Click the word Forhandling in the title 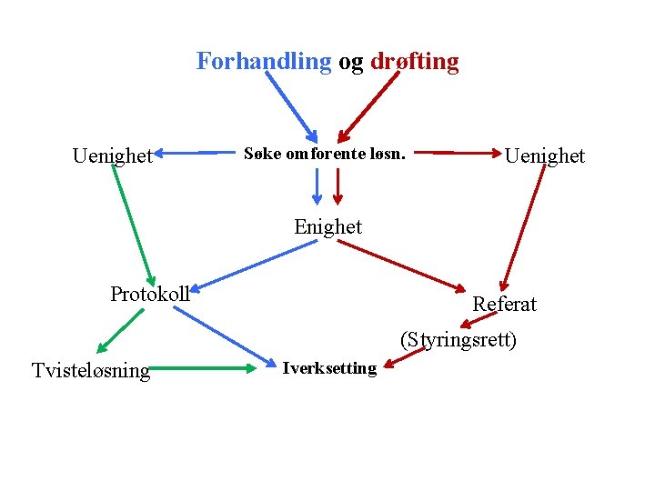click(264, 62)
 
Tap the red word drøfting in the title click(414, 62)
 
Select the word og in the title click(351, 62)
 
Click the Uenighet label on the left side click(113, 156)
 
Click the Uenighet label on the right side click(545, 155)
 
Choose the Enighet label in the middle click(327, 226)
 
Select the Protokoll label click(150, 294)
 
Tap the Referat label click(505, 304)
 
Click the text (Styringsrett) click(458, 341)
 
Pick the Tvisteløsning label click(91, 370)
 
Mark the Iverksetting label click(329, 368)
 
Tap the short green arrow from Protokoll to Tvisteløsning click(121, 330)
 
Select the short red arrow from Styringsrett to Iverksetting click(404, 359)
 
